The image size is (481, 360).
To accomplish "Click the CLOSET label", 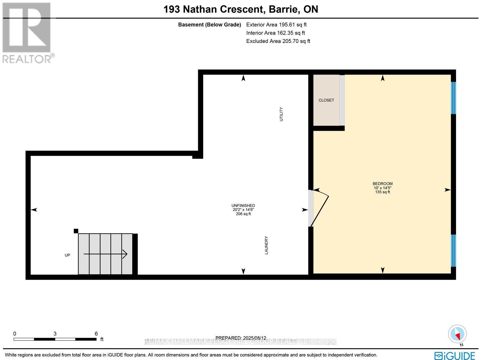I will (326, 100).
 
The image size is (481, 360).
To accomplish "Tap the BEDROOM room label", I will (382, 184).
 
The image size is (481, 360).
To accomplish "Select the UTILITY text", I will (281, 114).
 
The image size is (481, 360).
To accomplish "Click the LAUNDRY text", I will (266, 245).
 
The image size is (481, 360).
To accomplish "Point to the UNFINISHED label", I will (243, 206).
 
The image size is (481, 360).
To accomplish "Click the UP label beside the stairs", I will (67, 255).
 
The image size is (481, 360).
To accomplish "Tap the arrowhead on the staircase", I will (124, 254).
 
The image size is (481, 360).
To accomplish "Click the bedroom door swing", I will (320, 207).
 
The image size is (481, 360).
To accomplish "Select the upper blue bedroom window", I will (453, 98).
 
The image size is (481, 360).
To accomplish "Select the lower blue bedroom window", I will (453, 251).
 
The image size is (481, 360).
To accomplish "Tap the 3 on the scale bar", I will (55, 334).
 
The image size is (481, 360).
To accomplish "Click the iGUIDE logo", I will (455, 355).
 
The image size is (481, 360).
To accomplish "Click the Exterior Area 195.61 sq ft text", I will (276, 25).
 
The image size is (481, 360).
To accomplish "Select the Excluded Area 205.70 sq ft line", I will (278, 41).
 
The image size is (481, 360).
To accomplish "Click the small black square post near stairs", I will (76, 231).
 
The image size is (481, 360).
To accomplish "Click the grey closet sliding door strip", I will (342, 100).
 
